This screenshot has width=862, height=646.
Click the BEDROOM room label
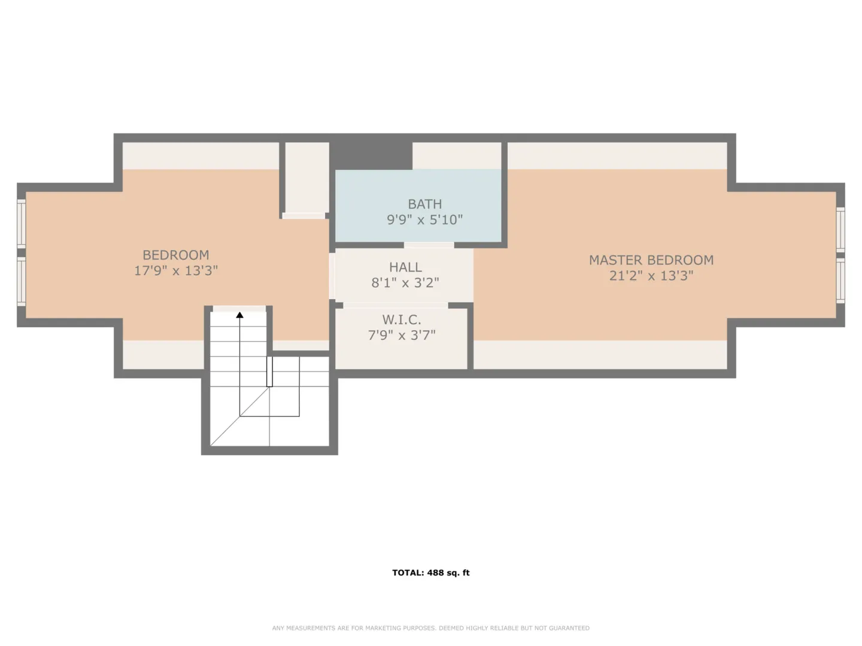[x=175, y=255]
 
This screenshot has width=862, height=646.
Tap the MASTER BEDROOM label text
[x=651, y=260]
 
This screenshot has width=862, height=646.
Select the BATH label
[x=425, y=204]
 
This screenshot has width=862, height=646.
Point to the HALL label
[x=405, y=267]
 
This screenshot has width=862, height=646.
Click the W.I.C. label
[x=402, y=319]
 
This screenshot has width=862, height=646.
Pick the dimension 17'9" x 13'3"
[x=176, y=270]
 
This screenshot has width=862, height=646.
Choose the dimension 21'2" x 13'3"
[x=651, y=276]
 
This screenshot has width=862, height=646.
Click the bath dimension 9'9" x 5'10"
[x=425, y=220]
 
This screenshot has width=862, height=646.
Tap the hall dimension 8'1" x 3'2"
[x=405, y=283]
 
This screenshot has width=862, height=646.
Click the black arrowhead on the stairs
[x=239, y=315]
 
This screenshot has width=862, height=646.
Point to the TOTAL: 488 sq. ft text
[x=431, y=572]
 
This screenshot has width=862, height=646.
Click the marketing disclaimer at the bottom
[x=431, y=628]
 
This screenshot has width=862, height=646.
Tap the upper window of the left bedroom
[x=21, y=224]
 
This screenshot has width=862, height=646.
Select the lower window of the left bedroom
[x=21, y=281]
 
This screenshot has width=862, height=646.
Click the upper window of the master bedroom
[x=840, y=230]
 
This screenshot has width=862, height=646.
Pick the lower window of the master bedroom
[x=840, y=280]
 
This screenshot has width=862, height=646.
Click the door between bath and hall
[x=429, y=245]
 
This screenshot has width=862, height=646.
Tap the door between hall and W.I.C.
[x=396, y=306]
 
